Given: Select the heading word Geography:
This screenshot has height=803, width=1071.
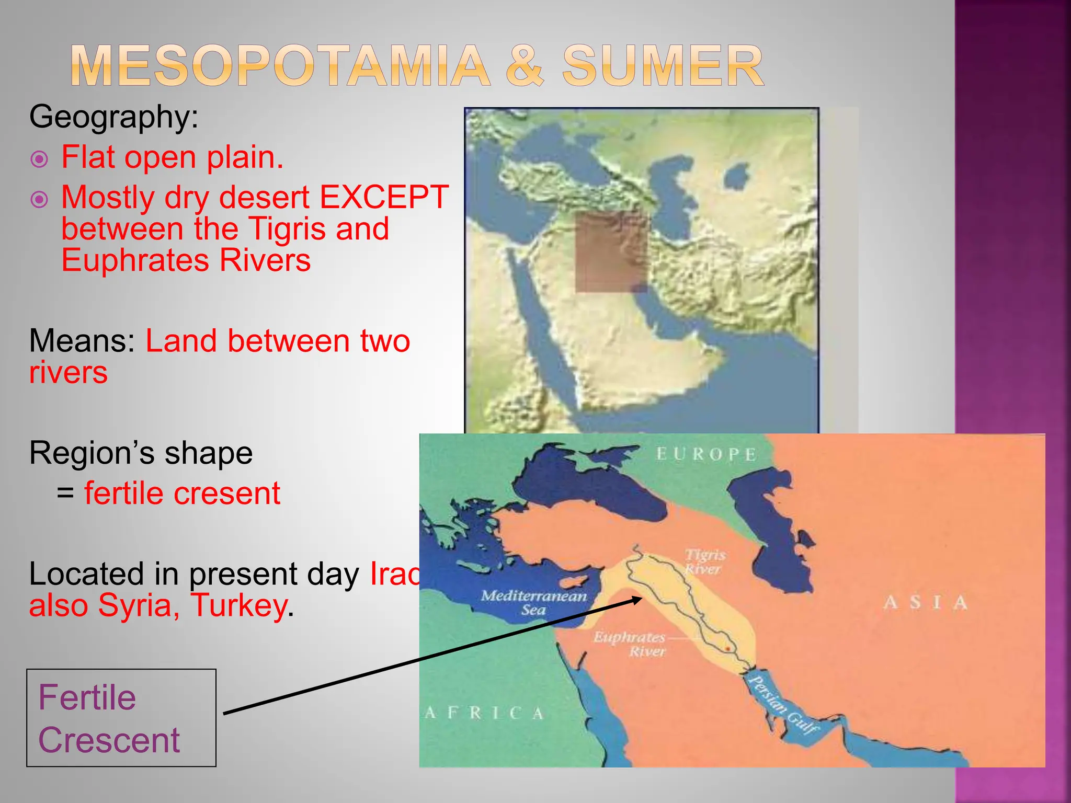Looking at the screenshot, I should [114, 116].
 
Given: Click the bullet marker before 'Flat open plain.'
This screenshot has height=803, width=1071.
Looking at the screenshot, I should [40, 159].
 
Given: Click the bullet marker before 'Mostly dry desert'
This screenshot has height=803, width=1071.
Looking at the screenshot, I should [40, 199].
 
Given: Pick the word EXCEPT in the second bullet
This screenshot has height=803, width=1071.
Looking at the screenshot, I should [384, 197].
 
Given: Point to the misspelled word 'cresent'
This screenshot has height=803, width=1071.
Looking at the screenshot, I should [227, 493].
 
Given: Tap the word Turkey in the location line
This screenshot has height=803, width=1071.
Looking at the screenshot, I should [238, 605].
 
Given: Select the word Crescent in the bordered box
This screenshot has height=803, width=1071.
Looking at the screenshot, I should [109, 740].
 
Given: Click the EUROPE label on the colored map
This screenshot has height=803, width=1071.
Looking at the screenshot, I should [706, 454].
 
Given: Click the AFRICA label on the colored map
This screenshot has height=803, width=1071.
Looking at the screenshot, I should [484, 713].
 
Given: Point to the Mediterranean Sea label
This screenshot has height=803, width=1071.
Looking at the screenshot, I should [533, 602].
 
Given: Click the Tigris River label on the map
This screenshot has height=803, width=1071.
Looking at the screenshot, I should [705, 561].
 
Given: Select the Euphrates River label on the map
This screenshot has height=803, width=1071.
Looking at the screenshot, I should [630, 644].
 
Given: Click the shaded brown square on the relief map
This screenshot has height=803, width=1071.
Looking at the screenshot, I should [611, 252].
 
